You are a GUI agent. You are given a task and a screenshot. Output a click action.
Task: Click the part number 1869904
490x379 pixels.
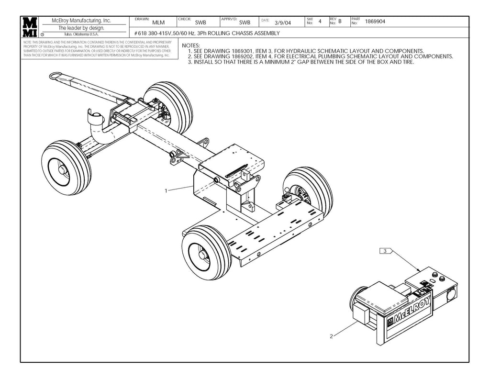click(375, 22)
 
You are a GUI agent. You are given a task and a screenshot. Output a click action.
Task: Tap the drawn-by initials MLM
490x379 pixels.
click(158, 22)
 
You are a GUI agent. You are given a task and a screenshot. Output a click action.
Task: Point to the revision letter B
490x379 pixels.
click(340, 22)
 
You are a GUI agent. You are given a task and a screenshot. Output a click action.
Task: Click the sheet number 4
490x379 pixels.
click(320, 22)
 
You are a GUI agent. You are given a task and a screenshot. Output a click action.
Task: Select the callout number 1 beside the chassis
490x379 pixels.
click(166, 190)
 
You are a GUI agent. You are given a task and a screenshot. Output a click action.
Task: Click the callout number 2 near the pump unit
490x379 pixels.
click(331, 336)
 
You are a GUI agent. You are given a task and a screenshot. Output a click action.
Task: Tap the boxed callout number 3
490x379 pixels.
click(385, 250)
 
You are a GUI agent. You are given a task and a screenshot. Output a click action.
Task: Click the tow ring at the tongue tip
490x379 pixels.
click(58, 75)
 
